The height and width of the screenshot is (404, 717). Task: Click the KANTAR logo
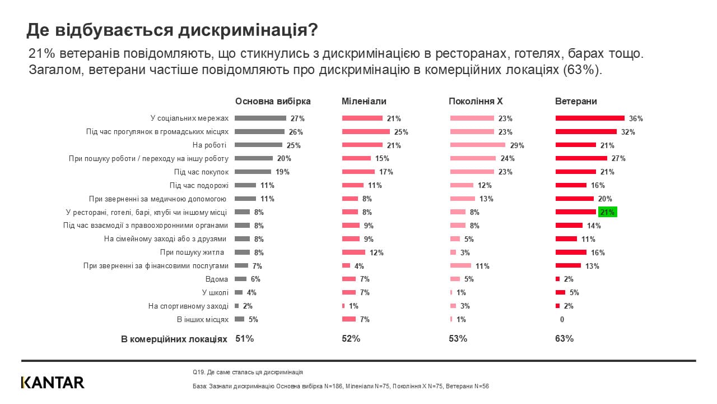pyautogui.click(x=53, y=383)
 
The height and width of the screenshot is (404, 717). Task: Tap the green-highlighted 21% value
pyautogui.click(x=607, y=212)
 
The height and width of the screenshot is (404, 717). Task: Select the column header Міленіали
pyautogui.click(x=364, y=102)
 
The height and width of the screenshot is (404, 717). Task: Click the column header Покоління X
pyautogui.click(x=476, y=102)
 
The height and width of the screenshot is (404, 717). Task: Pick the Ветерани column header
pyautogui.click(x=576, y=102)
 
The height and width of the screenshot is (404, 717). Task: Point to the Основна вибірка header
pyautogui.click(x=273, y=102)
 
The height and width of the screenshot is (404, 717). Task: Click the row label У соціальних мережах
pyautogui.click(x=189, y=118)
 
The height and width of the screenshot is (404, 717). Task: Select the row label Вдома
pyautogui.click(x=217, y=279)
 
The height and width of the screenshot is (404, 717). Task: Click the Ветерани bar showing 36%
pyautogui.click(x=590, y=118)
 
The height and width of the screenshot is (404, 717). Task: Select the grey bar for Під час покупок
pyautogui.click(x=253, y=172)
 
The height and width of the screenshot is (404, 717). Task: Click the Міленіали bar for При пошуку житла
pyautogui.click(x=353, y=252)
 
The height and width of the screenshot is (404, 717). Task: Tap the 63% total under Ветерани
pyautogui.click(x=564, y=339)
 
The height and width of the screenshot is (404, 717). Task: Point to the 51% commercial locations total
pyautogui.click(x=244, y=339)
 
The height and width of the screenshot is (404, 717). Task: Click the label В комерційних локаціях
pyautogui.click(x=174, y=339)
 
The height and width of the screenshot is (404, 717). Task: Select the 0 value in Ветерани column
pyautogui.click(x=562, y=319)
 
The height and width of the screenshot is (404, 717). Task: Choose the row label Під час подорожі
pyautogui.click(x=199, y=185)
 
